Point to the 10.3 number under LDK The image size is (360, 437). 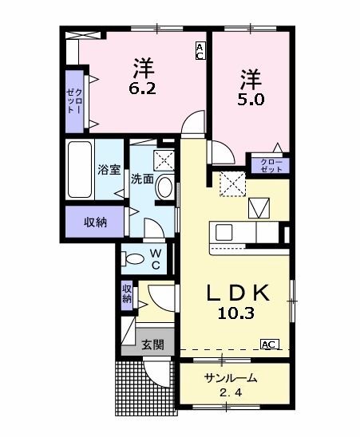(x=236, y=313)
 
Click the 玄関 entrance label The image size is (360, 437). (x=152, y=344)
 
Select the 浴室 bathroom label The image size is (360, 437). (x=109, y=170)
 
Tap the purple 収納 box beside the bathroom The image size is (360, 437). (x=94, y=221)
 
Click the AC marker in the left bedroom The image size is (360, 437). (x=200, y=52)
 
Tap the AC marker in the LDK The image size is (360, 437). (x=269, y=344)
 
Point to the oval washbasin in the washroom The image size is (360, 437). (x=164, y=187)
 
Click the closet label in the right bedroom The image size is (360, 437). (x=271, y=166)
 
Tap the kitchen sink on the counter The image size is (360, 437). (x=224, y=232)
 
